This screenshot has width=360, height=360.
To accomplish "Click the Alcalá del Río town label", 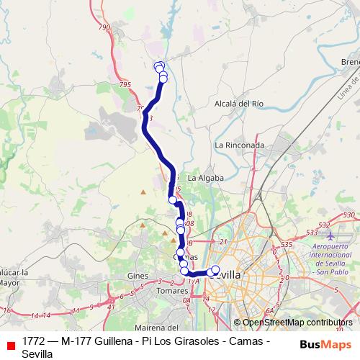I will point(239,104).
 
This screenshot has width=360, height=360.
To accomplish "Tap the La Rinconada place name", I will point(240,145).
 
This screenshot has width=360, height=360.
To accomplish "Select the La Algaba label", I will point(206,177).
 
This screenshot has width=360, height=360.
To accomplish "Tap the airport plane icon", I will point(330,235).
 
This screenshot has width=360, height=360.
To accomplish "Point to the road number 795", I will point(126,84).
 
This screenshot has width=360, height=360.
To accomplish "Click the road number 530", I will point(351,215).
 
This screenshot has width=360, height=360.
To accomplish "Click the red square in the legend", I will point(10,345).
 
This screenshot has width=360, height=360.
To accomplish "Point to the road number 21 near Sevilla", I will point(223,242).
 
